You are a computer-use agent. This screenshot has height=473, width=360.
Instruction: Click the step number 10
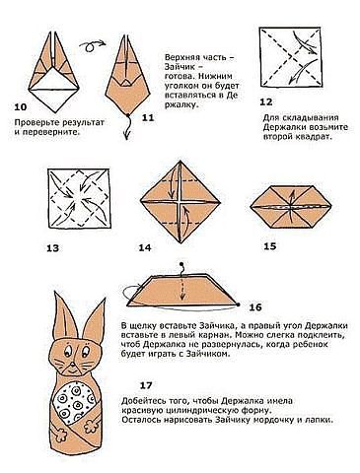(x=21, y=107)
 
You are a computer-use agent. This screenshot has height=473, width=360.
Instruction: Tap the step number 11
(x=148, y=117)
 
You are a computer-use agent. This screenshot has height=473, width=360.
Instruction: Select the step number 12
(x=266, y=102)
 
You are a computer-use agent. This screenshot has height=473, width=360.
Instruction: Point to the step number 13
(x=52, y=247)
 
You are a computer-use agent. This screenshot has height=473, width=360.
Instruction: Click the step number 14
(x=145, y=247)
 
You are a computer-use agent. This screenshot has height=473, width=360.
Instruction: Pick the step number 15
(x=270, y=246)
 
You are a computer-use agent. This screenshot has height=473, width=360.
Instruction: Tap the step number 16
(x=255, y=307)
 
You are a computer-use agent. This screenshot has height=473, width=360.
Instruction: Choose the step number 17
(x=146, y=385)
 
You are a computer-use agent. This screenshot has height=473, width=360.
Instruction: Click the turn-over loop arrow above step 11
(x=93, y=45)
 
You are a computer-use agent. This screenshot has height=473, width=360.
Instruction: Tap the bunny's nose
(x=71, y=365)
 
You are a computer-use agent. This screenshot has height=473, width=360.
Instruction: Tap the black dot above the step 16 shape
(x=180, y=264)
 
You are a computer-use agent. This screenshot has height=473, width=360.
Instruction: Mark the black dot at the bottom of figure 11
(x=127, y=115)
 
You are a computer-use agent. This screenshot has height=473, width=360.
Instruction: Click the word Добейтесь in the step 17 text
(x=141, y=401)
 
